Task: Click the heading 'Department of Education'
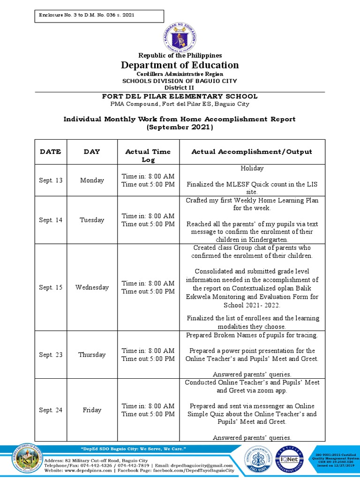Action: pos(180,65)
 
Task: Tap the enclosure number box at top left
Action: pos(99,16)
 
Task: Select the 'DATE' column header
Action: pos(51,152)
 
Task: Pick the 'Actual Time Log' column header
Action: pos(148,156)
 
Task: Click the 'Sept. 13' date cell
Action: pos(51,180)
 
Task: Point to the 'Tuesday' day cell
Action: pos(92,220)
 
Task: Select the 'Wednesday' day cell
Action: pos(92,287)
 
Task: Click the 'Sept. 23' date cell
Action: pos(51,355)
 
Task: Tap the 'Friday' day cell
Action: pos(92,410)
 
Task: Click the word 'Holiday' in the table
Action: pos(252,168)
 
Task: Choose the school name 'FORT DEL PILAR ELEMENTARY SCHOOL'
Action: pos(180,97)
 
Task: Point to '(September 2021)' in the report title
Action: pos(180,127)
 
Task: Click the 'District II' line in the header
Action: pos(180,88)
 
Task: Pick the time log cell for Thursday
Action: pos(148,355)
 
